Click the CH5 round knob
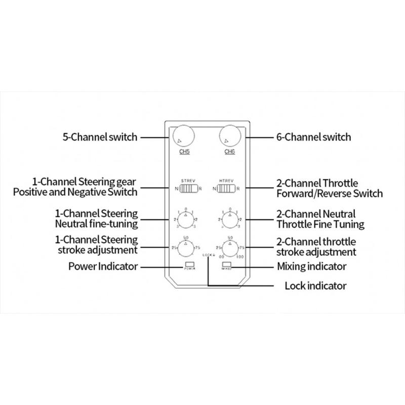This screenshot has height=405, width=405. [183, 136]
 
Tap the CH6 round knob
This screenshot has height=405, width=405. [229, 136]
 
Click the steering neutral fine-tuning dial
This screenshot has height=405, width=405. [186, 220]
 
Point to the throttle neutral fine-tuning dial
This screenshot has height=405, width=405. [229, 220]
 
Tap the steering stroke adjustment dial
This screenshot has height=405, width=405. [186, 248]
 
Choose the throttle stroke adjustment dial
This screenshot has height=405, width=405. [229, 248]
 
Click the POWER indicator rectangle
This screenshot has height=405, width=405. [190, 265]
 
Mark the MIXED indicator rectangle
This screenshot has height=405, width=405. [226, 265]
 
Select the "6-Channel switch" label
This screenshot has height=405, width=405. [313, 137]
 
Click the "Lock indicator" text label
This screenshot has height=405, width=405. [315, 286]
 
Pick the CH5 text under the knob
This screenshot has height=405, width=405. [183, 152]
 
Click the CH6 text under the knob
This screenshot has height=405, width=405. [229, 152]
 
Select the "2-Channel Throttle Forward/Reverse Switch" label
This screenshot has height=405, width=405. [330, 188]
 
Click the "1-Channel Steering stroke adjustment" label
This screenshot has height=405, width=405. [97, 245]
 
